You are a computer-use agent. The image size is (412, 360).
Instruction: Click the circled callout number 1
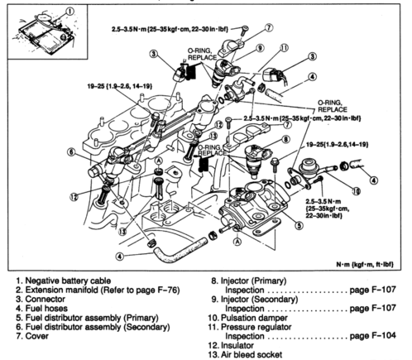[x=70, y=12]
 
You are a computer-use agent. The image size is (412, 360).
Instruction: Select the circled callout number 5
[x=299, y=225]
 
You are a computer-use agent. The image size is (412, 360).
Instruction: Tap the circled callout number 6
[x=71, y=152]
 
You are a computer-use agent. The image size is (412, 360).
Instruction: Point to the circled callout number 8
[x=285, y=139]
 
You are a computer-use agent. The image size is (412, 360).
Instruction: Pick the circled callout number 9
[x=260, y=48]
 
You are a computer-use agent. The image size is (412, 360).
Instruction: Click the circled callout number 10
[x=357, y=191]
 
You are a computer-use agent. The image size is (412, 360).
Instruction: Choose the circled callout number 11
[x=284, y=48]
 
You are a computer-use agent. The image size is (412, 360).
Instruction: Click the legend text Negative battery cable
[x=68, y=281]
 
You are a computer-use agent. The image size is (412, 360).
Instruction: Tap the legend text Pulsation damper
[x=254, y=318]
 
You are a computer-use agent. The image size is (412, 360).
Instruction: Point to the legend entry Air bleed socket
[x=252, y=354]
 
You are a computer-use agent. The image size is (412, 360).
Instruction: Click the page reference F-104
[x=372, y=336]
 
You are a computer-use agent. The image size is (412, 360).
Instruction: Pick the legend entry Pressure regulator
[x=256, y=327]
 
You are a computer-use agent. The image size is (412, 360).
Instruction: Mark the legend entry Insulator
[x=237, y=345]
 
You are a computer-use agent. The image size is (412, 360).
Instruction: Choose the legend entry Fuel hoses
[x=46, y=308]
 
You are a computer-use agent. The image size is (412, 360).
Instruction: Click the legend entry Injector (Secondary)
[x=259, y=300]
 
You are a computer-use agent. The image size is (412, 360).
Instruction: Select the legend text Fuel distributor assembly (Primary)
[x=92, y=318]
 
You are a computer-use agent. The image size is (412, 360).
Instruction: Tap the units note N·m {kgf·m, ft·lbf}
[x=365, y=264]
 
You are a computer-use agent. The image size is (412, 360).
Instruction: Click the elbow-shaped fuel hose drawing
[x=180, y=250]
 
